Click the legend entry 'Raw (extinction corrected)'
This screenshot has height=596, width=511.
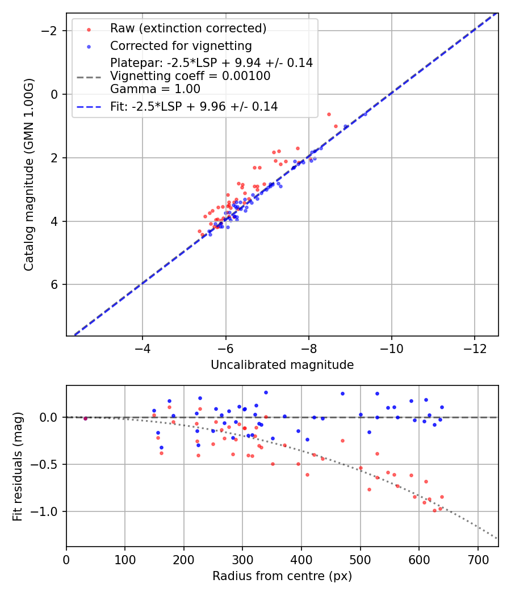point(188,28)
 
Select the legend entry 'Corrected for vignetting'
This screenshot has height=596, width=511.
point(181,45)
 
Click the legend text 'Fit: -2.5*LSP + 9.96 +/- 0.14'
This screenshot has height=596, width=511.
point(194,106)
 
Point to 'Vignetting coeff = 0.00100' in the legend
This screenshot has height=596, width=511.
point(190,75)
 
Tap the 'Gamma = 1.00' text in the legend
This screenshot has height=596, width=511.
point(155,89)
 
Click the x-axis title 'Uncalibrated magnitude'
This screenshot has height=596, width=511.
point(282,365)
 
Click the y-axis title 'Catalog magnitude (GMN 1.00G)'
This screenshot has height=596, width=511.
point(29,175)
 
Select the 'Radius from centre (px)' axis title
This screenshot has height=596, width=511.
point(282,576)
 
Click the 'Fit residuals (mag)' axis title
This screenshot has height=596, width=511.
point(18,466)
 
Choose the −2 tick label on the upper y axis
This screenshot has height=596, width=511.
point(52,31)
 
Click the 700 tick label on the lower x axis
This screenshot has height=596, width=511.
point(478,559)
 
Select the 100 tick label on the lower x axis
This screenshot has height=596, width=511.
point(125,559)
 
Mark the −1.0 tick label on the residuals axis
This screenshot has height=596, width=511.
point(48,512)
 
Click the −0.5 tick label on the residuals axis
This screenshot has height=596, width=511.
point(48,464)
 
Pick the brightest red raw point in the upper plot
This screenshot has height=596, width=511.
point(329,114)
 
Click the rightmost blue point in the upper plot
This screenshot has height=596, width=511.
point(365,114)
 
